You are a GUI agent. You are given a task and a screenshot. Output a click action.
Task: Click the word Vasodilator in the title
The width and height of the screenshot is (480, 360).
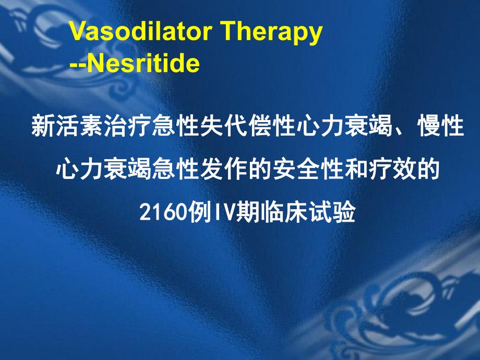pyautogui.click(x=141, y=32)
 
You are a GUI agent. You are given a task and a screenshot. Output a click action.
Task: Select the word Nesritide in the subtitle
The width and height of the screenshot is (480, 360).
pyautogui.click(x=142, y=64)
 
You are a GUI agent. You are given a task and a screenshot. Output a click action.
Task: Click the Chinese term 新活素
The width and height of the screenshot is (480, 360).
pyautogui.click(x=66, y=127)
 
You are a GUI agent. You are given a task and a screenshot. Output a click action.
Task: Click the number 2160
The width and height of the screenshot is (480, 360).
pyautogui.click(x=161, y=212)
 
